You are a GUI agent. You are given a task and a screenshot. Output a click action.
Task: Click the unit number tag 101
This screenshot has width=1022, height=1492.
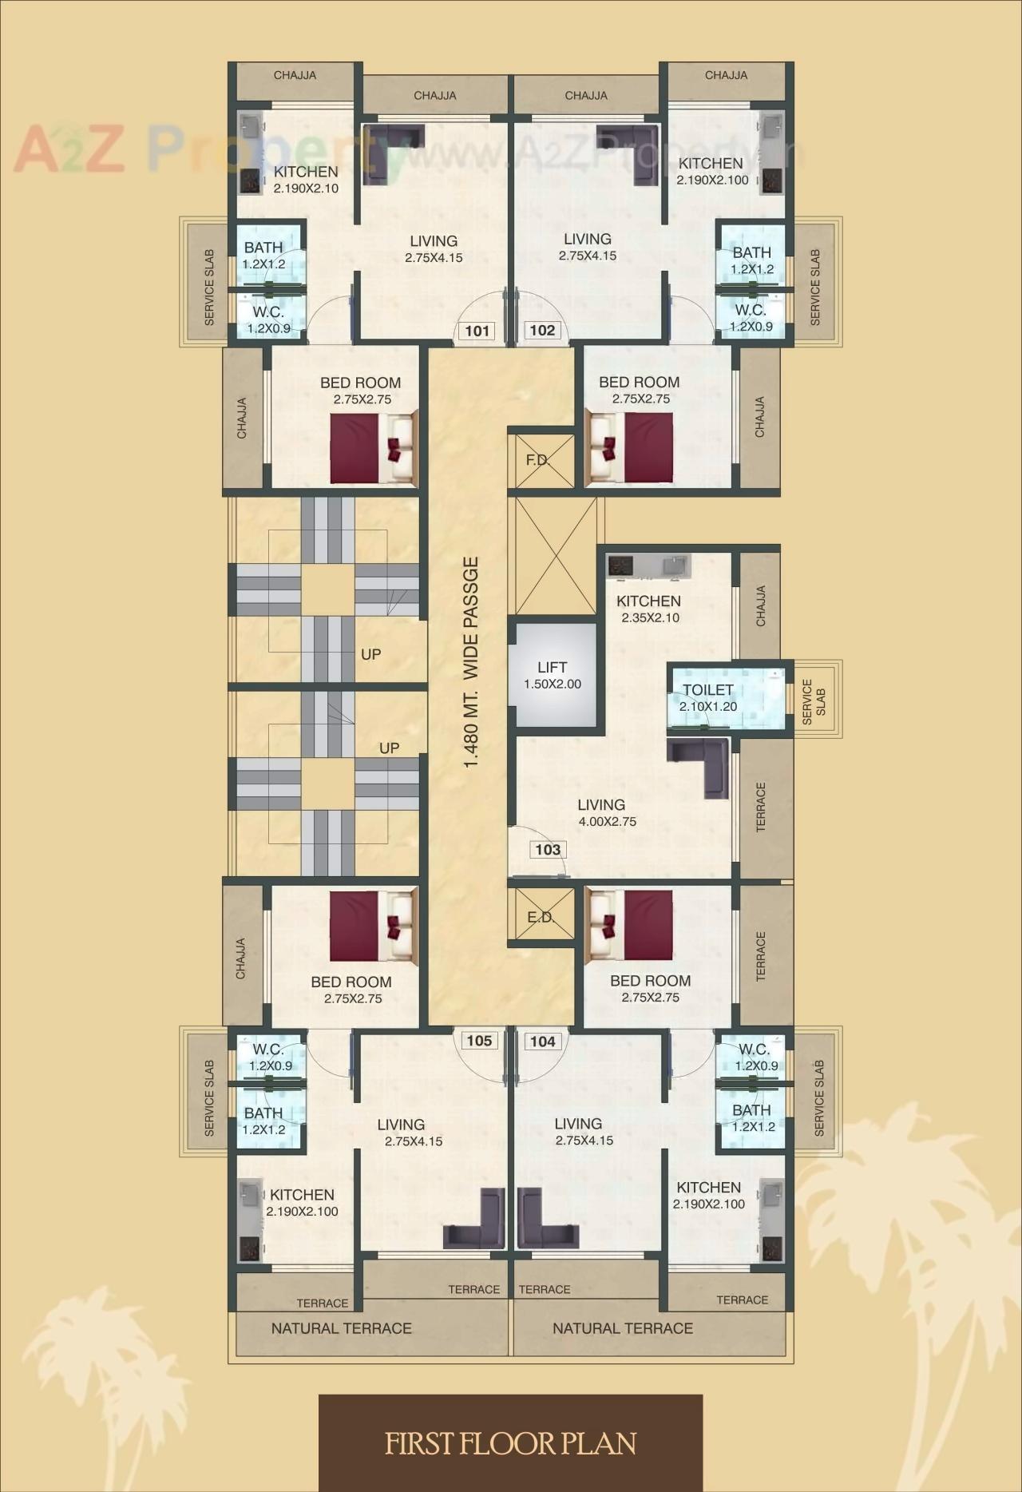pyautogui.click(x=477, y=331)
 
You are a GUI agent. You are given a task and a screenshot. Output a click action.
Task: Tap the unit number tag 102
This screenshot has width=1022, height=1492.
pyautogui.click(x=542, y=331)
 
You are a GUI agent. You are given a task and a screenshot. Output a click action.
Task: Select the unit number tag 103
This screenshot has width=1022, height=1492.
pyautogui.click(x=548, y=850)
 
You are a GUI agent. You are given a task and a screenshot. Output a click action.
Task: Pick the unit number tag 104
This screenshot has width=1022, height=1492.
pyautogui.click(x=543, y=1042)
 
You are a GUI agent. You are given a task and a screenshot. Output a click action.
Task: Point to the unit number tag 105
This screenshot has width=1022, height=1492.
pyautogui.click(x=479, y=1041)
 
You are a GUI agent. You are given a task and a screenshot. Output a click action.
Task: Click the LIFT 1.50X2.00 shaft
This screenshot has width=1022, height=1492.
pyautogui.click(x=553, y=675)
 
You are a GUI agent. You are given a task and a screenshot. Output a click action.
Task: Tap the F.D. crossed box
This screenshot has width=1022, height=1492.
pyautogui.click(x=541, y=461)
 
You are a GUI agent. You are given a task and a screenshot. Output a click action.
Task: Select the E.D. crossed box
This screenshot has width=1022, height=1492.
pyautogui.click(x=541, y=917)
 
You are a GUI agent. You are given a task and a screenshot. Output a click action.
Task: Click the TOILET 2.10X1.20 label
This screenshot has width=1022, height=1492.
pyautogui.click(x=707, y=697)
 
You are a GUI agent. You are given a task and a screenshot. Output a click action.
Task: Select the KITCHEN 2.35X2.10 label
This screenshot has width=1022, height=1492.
pyautogui.click(x=648, y=609)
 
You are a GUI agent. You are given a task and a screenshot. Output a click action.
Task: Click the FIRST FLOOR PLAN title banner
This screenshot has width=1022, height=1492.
pyautogui.click(x=511, y=1442)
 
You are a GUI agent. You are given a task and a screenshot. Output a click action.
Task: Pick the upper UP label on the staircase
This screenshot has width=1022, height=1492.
pyautogui.click(x=370, y=654)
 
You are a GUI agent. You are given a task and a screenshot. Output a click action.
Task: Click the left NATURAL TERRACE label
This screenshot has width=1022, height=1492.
pyautogui.click(x=341, y=1328)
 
